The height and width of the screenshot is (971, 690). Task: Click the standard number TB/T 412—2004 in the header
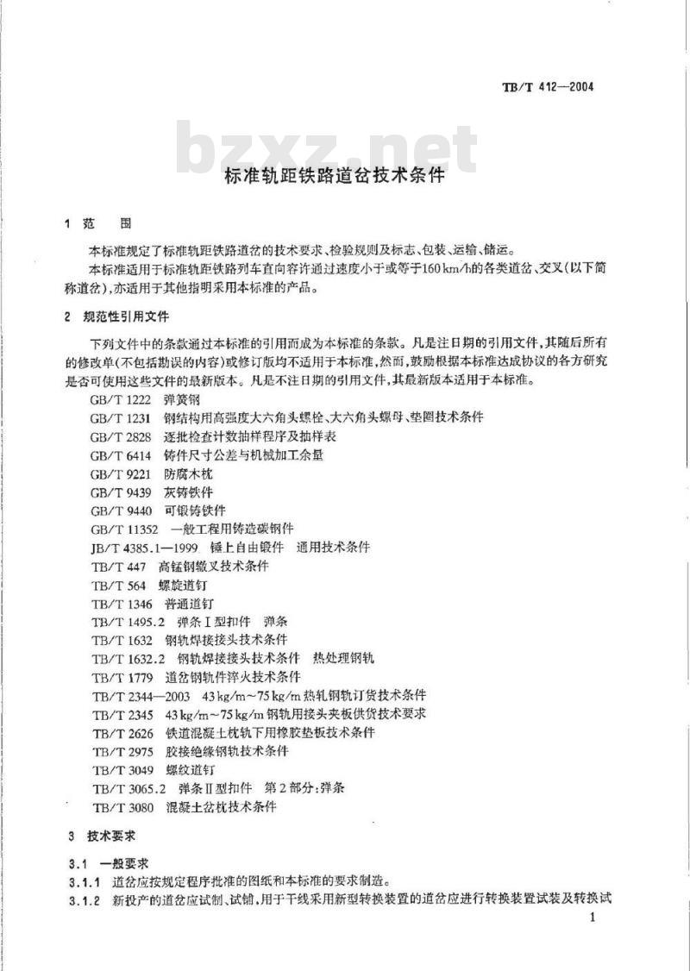549,86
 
